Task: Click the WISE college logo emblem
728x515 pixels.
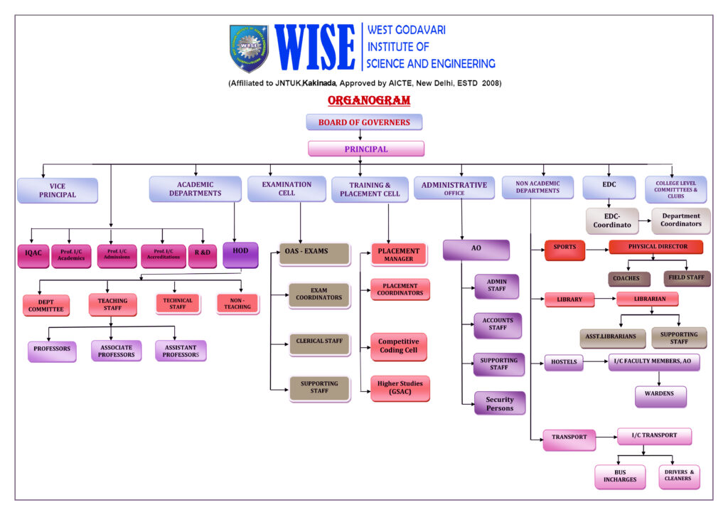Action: coord(249,48)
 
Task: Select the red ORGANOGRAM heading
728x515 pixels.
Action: coord(369,100)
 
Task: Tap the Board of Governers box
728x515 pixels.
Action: coord(364,122)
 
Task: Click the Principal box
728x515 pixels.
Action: coord(366,149)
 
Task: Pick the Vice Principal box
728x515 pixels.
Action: coord(58,191)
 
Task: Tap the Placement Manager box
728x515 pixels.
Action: coord(399,255)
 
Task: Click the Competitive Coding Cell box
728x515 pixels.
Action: coord(399,346)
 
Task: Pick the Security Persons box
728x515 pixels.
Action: coord(500,403)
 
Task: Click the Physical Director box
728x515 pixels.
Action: coord(655,248)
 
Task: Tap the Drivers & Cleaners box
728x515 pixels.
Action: coord(679,476)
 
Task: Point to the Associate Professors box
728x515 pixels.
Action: coord(116,351)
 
